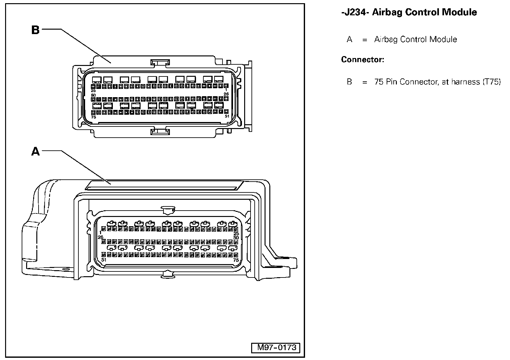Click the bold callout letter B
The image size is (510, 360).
pos(35,30)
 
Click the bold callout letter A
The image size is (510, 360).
pos(35,151)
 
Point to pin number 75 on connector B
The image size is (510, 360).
pos(93,117)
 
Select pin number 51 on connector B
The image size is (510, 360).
pos(227,116)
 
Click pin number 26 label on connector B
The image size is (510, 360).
pos(226,94)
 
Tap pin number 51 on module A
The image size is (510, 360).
pos(104,260)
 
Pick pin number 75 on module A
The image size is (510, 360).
pos(236,260)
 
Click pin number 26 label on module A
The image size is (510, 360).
pos(100,237)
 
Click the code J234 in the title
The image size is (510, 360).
pos(354,12)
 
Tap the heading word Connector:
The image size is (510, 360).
pos(362,60)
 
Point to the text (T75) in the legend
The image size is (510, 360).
pos(492,82)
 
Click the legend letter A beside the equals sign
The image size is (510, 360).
pos(349,40)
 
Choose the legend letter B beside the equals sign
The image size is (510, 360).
pos(349,82)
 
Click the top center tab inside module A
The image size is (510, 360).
pos(168,209)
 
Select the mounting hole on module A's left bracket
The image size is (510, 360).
pos(67,270)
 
